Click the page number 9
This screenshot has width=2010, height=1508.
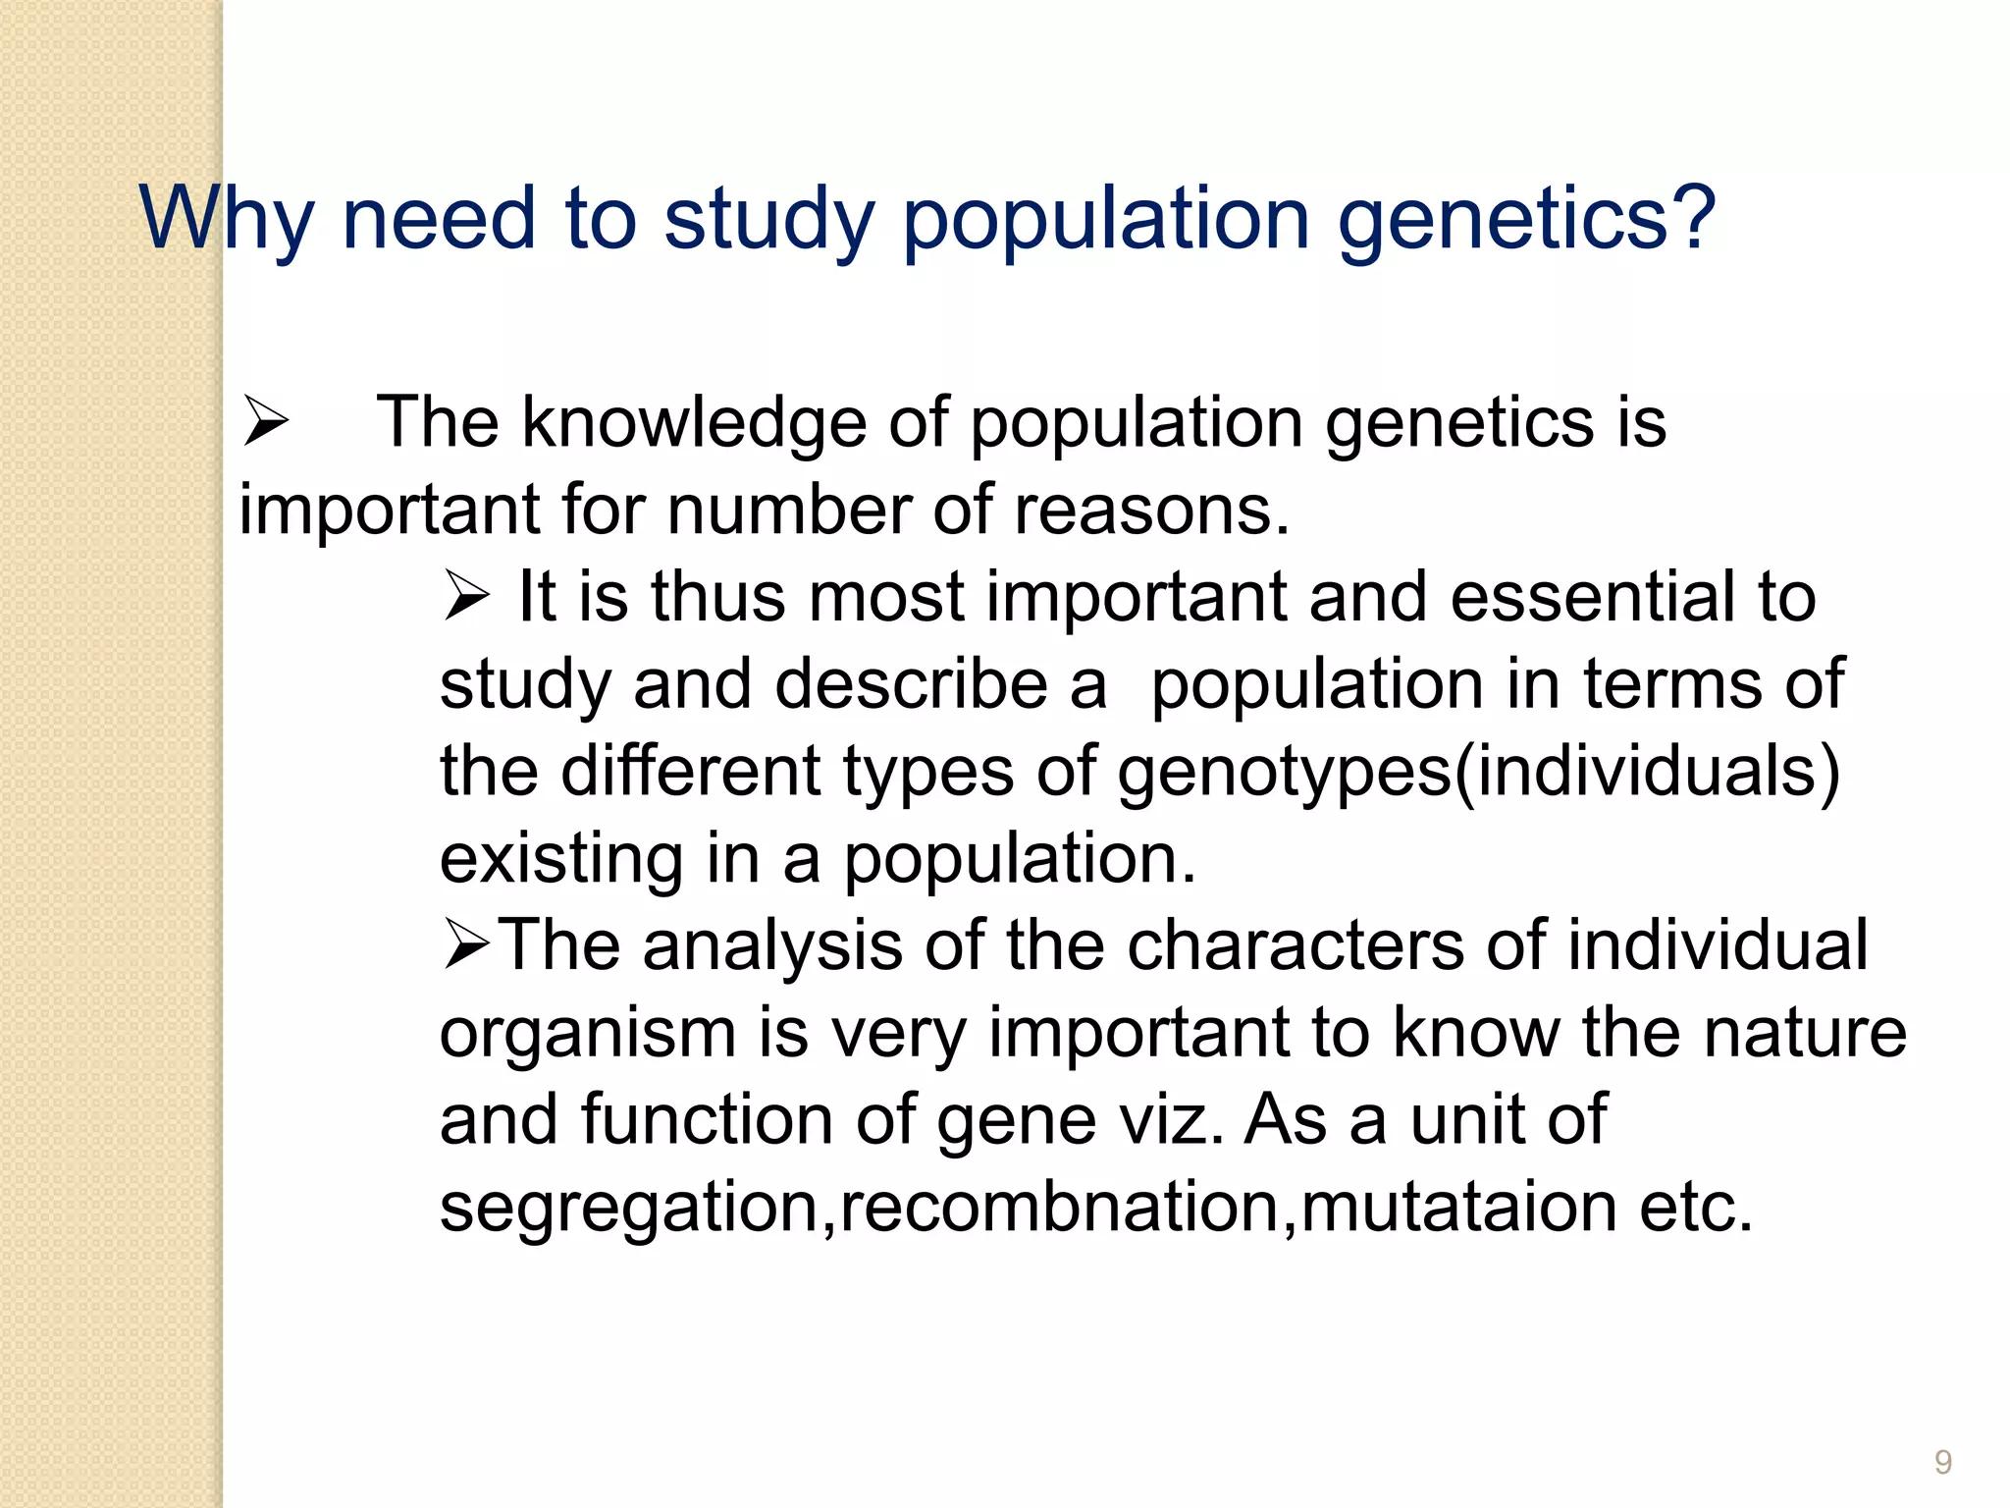tap(1942, 1463)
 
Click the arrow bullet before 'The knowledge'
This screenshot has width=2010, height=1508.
tap(265, 422)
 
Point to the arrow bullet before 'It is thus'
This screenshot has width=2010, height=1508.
tap(466, 596)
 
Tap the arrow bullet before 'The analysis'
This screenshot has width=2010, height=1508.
tap(466, 943)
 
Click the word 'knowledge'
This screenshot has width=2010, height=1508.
tap(694, 422)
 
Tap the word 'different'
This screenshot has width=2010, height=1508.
tap(690, 771)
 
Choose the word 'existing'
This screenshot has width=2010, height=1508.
tap(560, 858)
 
